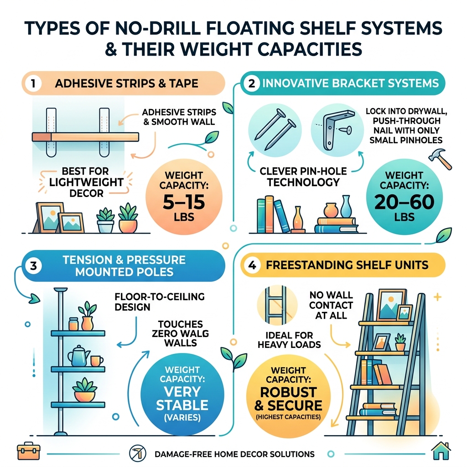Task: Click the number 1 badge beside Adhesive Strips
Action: pyautogui.click(x=34, y=83)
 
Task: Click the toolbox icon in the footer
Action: pyautogui.click(x=25, y=451)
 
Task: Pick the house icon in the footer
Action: pyautogui.click(x=441, y=451)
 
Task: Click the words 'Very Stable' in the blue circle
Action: pyautogui.click(x=182, y=398)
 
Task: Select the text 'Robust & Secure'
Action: pyautogui.click(x=289, y=399)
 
